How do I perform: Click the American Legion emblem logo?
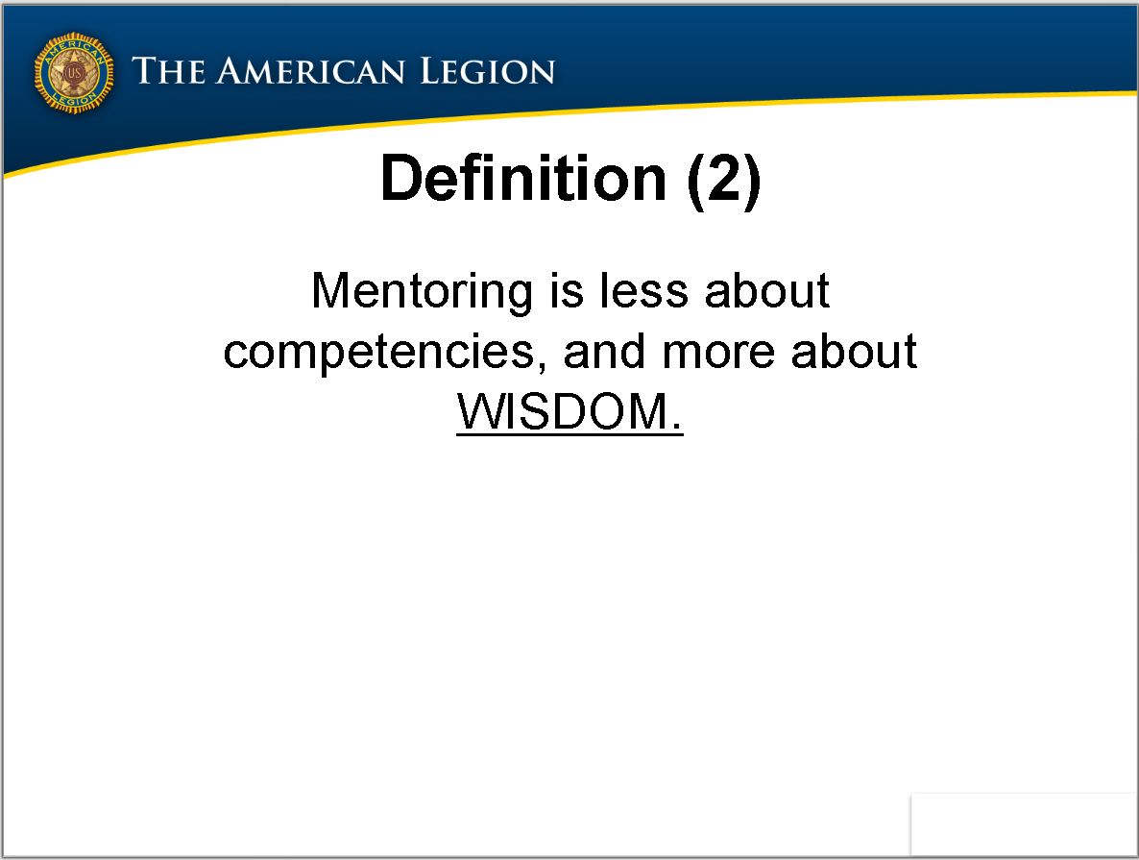click(74, 73)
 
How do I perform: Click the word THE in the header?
click(168, 71)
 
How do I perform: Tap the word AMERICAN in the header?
click(310, 71)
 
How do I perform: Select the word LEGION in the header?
click(488, 71)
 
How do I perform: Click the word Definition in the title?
click(523, 178)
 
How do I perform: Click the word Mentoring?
click(422, 292)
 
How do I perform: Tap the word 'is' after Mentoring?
click(567, 291)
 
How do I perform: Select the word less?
click(643, 291)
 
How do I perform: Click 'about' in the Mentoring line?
click(767, 291)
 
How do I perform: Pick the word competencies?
click(379, 354)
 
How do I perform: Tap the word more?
click(718, 354)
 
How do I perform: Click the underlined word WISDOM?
click(562, 412)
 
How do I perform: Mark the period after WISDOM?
click(677, 428)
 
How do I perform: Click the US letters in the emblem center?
click(74, 73)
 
